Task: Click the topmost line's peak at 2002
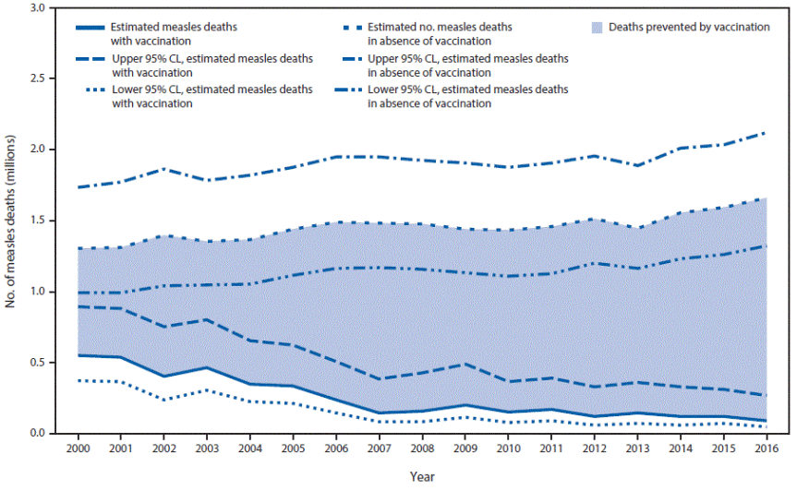164,169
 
